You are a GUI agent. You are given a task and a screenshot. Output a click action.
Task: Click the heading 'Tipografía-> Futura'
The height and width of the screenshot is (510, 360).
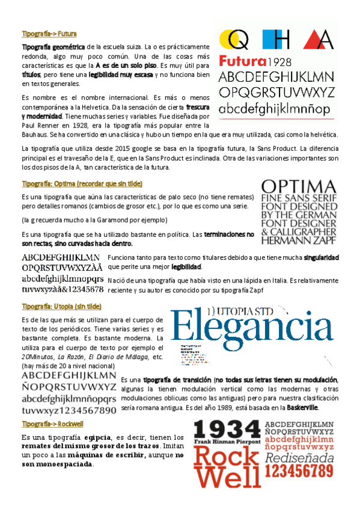(49, 34)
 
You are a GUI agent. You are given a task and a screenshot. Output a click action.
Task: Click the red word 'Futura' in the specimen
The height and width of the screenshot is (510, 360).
(243, 61)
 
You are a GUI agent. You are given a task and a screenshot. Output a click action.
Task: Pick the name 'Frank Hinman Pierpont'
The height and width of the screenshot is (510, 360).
(227, 442)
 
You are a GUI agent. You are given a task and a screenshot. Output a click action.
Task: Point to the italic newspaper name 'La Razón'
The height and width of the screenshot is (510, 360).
(70, 357)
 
